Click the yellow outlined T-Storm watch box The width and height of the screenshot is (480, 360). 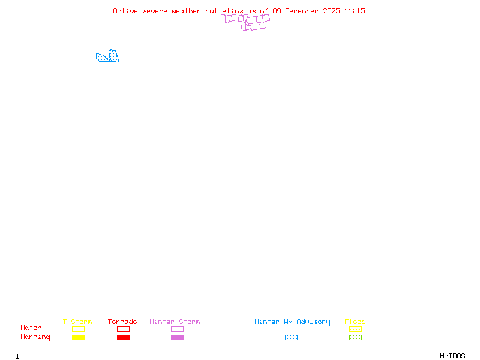78,329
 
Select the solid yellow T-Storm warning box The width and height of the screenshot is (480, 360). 78,338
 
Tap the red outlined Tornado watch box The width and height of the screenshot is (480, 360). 123,329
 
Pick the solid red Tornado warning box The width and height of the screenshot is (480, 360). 123,338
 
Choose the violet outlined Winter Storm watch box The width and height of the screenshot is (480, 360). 177,329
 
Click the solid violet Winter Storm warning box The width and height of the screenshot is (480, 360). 177,338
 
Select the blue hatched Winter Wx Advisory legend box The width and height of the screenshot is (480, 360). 291,338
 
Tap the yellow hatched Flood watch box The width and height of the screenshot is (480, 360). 355,329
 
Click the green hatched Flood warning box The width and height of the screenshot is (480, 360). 355,338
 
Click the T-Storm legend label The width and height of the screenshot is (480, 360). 77,322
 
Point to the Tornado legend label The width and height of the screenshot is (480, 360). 122,322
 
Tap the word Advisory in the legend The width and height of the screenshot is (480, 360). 313,322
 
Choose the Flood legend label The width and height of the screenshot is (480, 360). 355,322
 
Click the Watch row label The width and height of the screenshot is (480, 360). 31,328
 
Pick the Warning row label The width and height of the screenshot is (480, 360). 35,337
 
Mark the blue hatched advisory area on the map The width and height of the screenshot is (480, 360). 109,57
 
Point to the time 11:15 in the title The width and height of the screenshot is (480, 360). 355,11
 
